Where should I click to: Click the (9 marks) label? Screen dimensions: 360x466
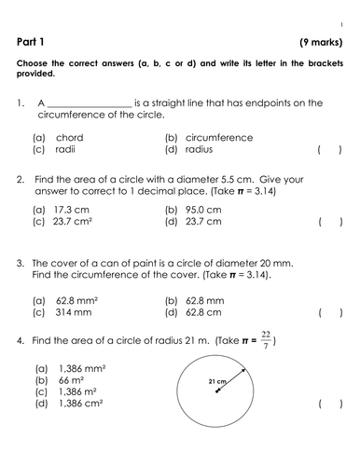click(320, 41)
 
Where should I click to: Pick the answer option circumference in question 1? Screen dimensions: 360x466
click(219, 137)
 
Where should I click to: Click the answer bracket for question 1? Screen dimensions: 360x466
click(328, 148)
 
